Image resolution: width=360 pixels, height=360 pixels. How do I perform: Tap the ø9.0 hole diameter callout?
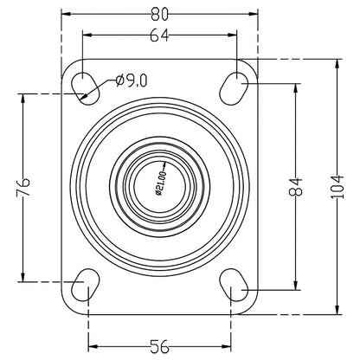tap(132, 80)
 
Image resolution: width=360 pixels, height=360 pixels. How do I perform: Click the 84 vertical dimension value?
tap(297, 186)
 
